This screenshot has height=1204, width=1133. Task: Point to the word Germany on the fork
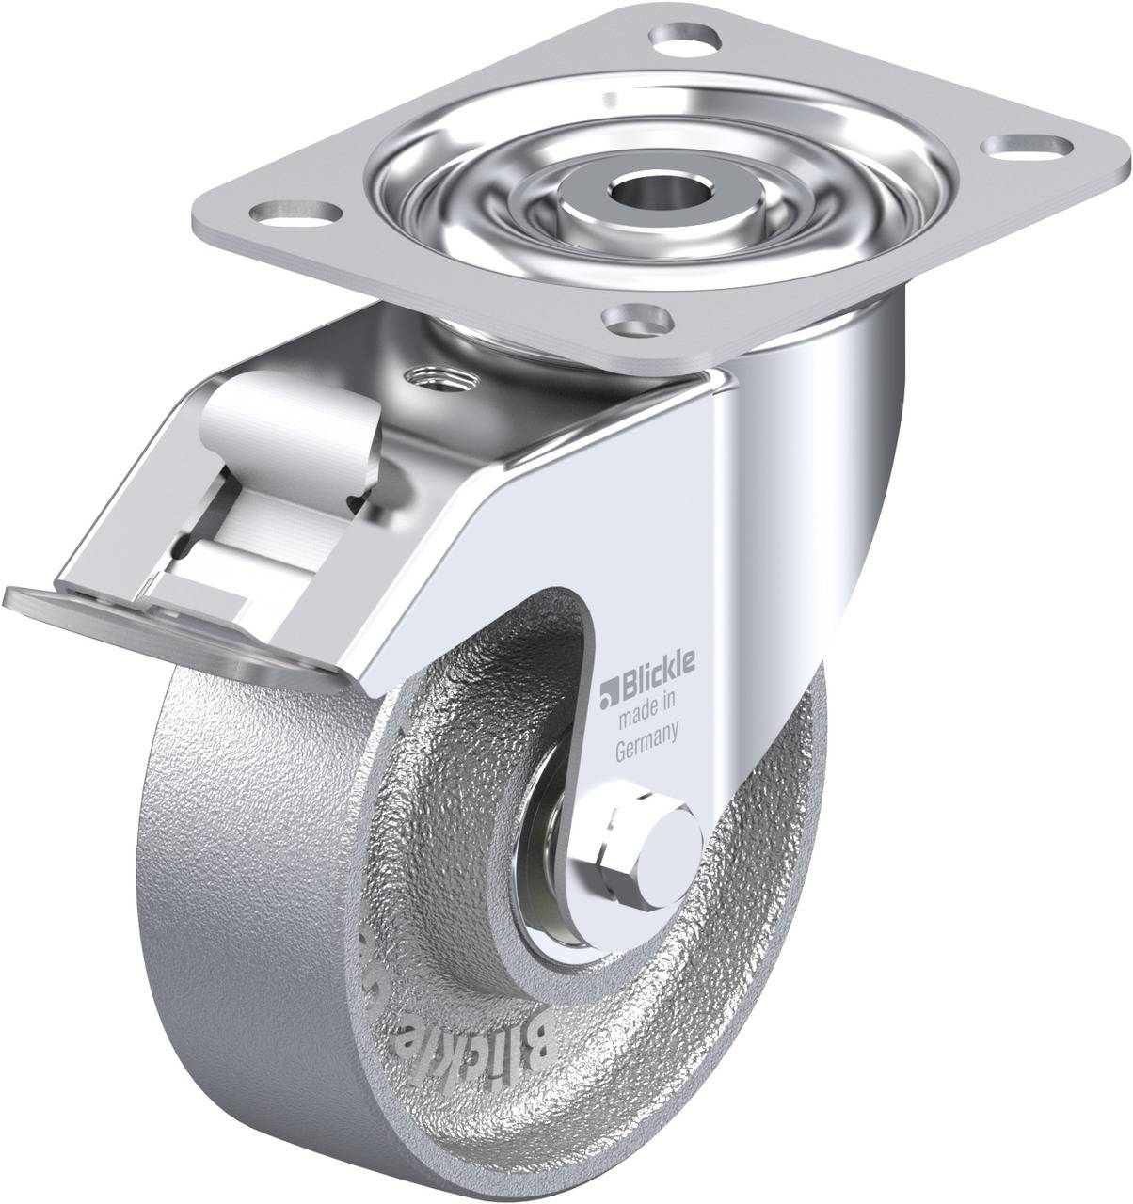pos(646,725)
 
